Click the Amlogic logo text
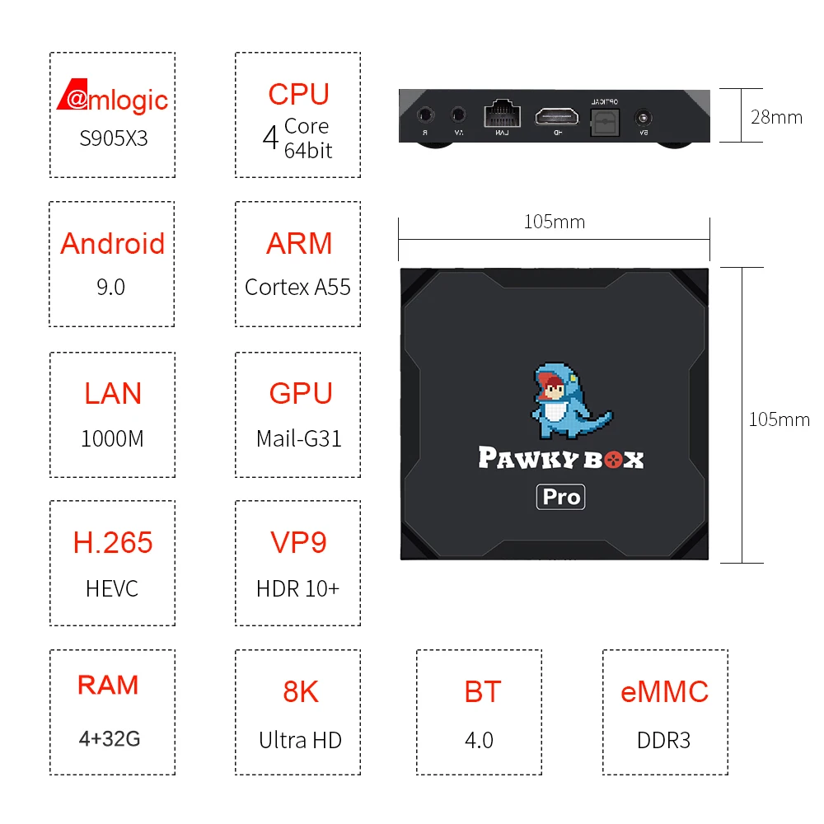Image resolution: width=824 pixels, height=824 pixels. pos(113,99)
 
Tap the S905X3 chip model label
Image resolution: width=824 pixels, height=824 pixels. pos(114,138)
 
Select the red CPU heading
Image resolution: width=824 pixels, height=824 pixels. pos(298,94)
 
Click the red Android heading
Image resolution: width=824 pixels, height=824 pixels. pos(113,243)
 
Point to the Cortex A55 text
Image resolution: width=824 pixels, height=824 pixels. pos(297,287)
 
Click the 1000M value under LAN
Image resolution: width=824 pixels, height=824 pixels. pos(112,438)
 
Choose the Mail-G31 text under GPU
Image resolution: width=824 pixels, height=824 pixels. pos(298,438)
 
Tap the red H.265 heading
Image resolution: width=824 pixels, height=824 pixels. pos(113,542)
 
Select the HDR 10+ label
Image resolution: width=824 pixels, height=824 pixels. pos(297,588)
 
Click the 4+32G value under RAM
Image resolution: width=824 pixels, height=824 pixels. pos(110,738)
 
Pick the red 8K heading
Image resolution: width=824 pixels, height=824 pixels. pos(301,691)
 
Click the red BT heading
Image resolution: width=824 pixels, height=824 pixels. pos(482,691)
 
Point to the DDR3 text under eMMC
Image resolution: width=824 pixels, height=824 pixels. pos(663,739)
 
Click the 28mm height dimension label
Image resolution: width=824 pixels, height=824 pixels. pos(776,117)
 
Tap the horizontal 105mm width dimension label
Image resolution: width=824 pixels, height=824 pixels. pos(555,222)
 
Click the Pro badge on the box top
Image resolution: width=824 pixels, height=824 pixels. pos(561,497)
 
